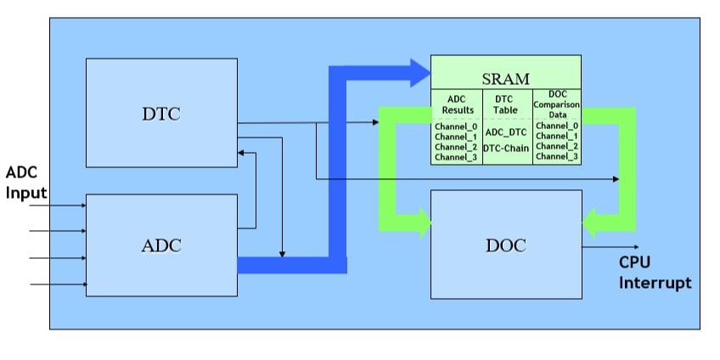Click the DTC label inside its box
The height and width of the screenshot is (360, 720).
161,113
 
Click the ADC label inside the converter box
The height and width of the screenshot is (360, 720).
161,246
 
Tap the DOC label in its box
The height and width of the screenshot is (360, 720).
506,246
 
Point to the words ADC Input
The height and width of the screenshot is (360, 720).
26,183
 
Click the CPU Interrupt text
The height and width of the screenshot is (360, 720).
654,273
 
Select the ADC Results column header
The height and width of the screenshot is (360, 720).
456,104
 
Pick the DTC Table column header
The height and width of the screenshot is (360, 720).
506,104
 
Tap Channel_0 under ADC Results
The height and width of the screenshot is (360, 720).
456,126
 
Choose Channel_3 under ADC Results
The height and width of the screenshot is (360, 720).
456,157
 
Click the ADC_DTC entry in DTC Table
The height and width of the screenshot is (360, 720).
506,132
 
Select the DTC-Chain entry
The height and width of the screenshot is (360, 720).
506,149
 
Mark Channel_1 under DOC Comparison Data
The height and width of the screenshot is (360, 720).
557,136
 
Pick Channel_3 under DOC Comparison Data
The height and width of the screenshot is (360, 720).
557,156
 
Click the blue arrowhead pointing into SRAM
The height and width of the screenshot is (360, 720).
419,73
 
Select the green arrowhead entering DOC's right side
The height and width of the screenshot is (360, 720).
592,224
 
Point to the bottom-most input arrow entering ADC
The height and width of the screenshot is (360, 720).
59,284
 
